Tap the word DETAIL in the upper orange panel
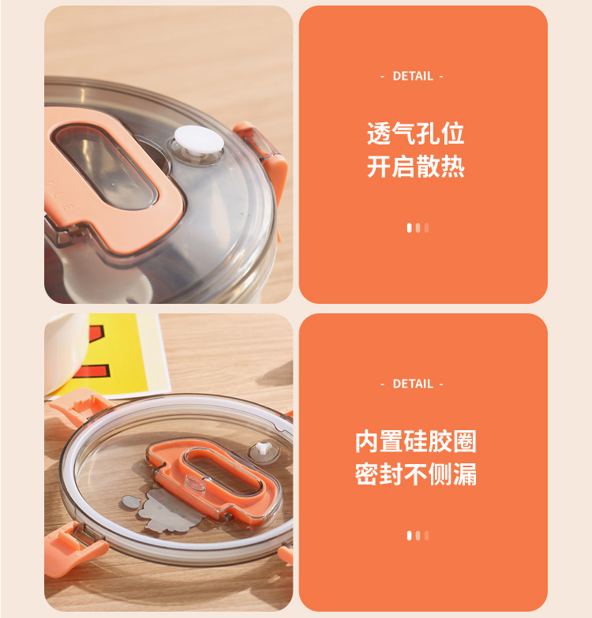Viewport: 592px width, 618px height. click(x=413, y=76)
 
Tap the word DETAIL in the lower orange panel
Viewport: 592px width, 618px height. click(x=413, y=384)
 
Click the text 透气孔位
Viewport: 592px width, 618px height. click(x=416, y=133)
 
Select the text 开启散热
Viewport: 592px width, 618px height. click(x=416, y=167)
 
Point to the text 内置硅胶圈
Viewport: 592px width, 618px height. click(x=416, y=441)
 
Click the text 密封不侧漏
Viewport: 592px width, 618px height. click(x=416, y=474)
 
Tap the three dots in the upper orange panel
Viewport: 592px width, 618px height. click(x=418, y=227)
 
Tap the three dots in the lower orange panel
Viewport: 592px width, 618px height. click(x=418, y=535)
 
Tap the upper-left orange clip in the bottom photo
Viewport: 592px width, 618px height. click(x=75, y=408)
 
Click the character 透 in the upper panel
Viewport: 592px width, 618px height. click(x=379, y=133)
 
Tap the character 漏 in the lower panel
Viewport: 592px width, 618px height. click(x=465, y=474)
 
